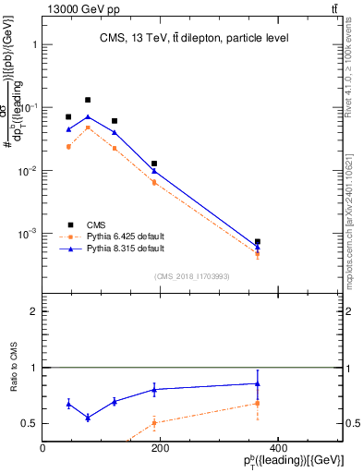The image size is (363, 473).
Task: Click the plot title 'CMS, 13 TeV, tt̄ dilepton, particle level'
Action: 194,38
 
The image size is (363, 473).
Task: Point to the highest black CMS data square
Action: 88,100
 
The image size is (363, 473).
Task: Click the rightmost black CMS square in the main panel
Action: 258,242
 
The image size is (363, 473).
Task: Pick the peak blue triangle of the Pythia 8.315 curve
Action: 88,117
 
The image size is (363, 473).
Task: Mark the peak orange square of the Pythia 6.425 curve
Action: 88,127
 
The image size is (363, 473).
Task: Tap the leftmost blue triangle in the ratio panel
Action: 68,404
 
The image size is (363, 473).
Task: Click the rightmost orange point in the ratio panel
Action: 258,404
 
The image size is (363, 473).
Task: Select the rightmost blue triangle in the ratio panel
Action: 258,383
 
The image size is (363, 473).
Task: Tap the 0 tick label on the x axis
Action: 43,448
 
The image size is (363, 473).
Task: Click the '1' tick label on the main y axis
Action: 34,44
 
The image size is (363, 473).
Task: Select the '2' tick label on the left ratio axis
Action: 34,311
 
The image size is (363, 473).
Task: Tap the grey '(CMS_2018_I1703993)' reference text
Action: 193,276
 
